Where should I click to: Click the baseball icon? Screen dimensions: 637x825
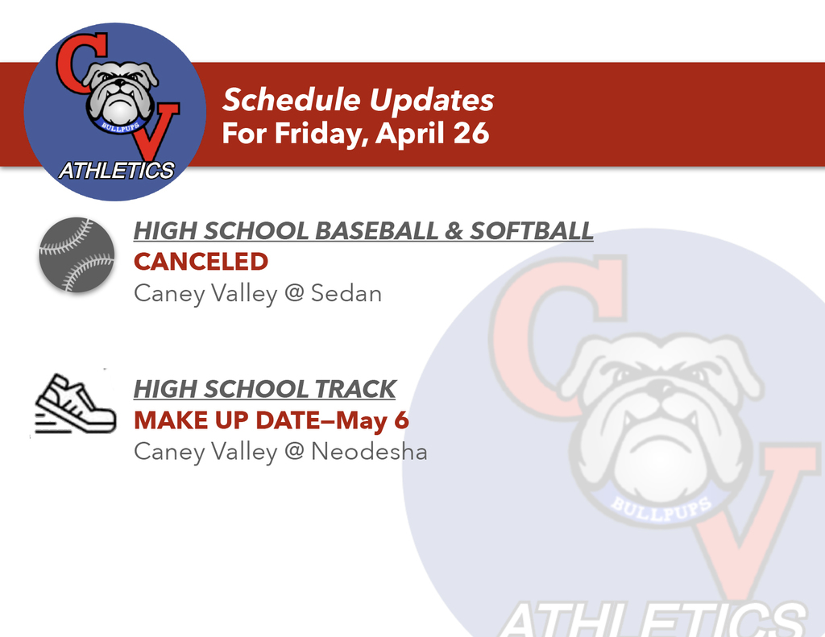click(x=77, y=254)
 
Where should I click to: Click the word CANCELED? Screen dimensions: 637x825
click(x=201, y=262)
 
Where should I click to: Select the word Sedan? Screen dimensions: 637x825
click(x=346, y=293)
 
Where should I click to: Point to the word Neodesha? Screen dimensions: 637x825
click(x=369, y=452)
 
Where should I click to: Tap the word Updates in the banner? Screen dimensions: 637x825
click(x=431, y=100)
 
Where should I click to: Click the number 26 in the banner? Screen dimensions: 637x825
click(x=471, y=133)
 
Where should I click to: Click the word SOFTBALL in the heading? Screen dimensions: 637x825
click(x=532, y=231)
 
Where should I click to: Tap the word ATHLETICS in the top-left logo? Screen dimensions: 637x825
click(x=117, y=171)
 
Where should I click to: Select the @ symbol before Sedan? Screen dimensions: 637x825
click(x=293, y=294)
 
